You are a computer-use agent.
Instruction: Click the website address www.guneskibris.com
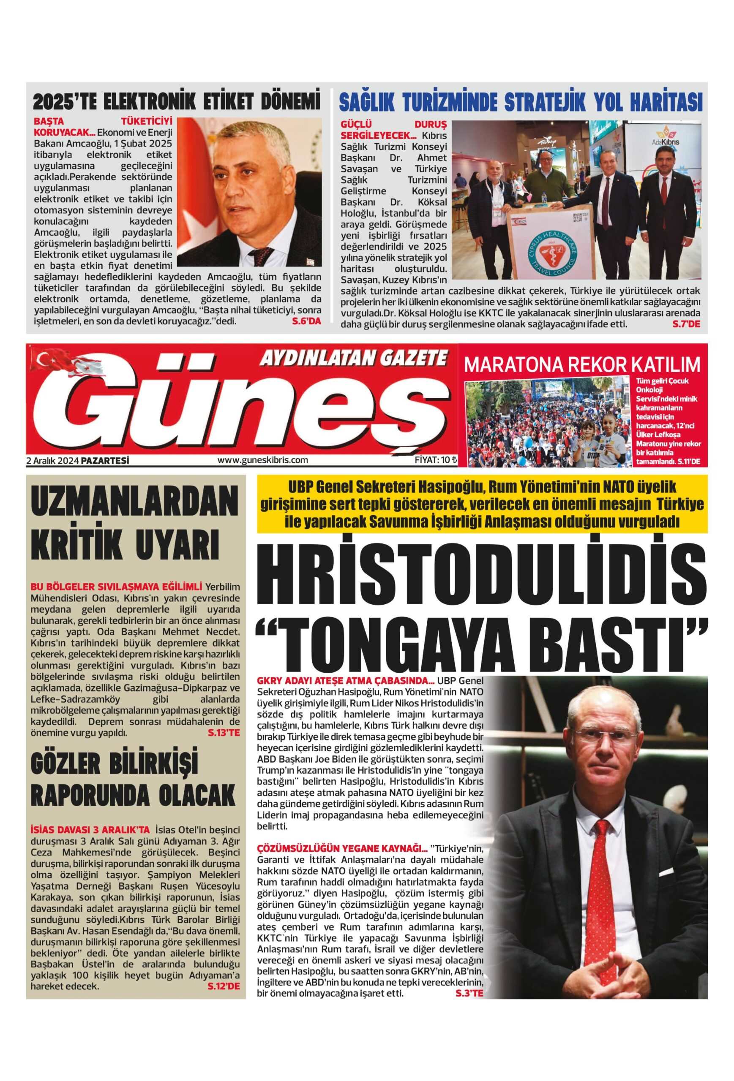[262, 460]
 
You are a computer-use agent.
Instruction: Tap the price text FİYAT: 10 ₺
[436, 460]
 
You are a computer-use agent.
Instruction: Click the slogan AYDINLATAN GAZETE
[353, 359]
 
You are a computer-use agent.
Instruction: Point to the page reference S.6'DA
[306, 321]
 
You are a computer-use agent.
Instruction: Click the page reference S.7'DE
[686, 324]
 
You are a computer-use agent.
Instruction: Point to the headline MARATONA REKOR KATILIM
[582, 365]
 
